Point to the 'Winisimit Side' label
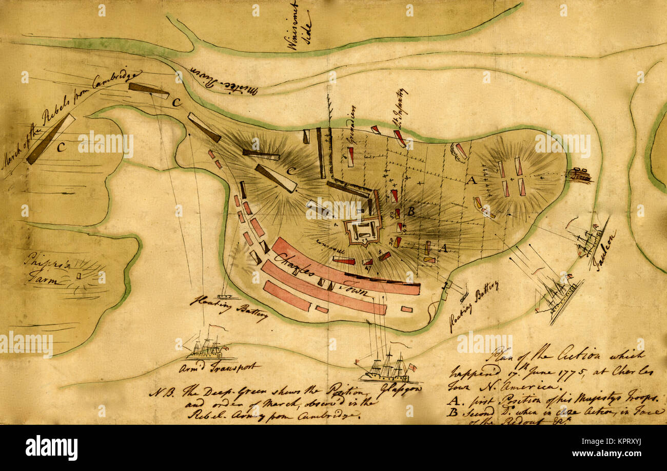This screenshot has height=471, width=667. [299, 26]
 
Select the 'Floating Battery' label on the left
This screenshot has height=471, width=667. [228, 307]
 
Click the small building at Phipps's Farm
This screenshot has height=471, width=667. [79, 276]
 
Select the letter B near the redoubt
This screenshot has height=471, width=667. [410, 211]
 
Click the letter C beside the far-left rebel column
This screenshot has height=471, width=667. [61, 147]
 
